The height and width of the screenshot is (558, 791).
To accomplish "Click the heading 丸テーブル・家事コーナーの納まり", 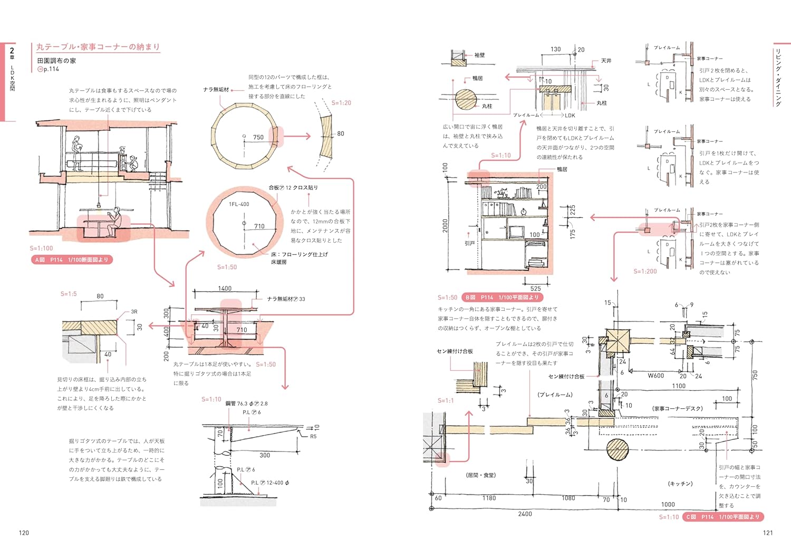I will (x=98, y=47).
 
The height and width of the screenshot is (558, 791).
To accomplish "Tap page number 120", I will (x=24, y=533).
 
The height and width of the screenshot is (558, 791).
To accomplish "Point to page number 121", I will (x=768, y=533).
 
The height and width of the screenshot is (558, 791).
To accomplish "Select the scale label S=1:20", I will (x=341, y=103).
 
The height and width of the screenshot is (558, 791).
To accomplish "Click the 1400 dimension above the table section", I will (x=225, y=288).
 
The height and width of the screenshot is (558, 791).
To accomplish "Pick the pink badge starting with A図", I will (x=72, y=259).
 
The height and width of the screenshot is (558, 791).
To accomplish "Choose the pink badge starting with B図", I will (x=501, y=297).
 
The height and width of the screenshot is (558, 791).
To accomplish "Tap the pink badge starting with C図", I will (x=722, y=517).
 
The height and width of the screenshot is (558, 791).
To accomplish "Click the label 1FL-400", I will (x=239, y=204).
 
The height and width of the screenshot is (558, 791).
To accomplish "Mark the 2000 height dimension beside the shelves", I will (x=446, y=225).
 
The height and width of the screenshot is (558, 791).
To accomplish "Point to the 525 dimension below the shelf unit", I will (x=535, y=288).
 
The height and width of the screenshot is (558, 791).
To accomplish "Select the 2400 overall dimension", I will (x=525, y=514).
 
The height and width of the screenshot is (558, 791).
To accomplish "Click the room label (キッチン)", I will (x=680, y=484).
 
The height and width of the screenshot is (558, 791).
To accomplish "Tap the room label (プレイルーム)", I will (x=555, y=395).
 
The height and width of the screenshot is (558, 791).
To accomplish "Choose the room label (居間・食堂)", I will (x=480, y=475).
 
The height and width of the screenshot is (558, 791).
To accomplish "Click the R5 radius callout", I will (x=313, y=436).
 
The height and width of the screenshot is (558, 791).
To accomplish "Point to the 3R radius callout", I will (x=134, y=312).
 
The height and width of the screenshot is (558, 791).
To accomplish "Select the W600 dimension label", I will (x=655, y=376).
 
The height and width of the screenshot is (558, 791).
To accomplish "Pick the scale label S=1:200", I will (x=645, y=272).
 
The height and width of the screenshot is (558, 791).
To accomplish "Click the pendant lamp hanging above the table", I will (x=99, y=204).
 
